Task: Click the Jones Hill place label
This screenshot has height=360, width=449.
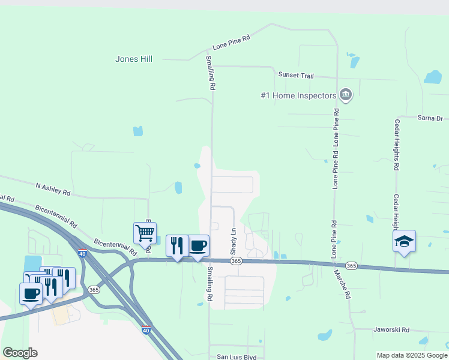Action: coord(134,59)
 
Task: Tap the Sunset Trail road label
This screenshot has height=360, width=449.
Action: coord(296,75)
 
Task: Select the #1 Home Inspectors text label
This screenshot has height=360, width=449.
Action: coord(298,95)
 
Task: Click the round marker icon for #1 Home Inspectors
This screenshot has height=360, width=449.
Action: coord(345,94)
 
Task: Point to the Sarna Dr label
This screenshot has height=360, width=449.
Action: coord(429,118)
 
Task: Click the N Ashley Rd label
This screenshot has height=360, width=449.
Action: coord(53,190)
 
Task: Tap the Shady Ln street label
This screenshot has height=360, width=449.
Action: coord(234,239)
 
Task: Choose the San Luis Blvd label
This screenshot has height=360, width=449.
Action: coord(237,356)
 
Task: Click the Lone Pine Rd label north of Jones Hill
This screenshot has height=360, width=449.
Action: coord(231,41)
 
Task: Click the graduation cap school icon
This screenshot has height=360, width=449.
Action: coord(404,241)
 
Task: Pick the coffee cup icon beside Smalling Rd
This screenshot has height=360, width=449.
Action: coord(198,245)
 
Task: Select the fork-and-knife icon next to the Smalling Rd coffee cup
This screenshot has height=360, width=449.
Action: coord(176,245)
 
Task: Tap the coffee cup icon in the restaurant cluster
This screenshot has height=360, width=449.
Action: coord(31,293)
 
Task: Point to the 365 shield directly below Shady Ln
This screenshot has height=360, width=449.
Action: coord(236,261)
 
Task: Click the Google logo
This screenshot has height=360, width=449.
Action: coord(20,353)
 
